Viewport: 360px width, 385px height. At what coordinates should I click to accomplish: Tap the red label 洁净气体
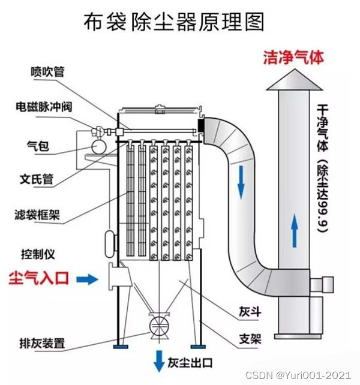(x=293, y=57)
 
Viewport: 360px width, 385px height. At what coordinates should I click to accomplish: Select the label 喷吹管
(x=47, y=72)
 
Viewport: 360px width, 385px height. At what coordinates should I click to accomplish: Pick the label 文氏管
(x=37, y=178)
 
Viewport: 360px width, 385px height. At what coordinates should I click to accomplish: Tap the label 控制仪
(x=38, y=254)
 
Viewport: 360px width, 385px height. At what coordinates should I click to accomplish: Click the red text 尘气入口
(x=40, y=278)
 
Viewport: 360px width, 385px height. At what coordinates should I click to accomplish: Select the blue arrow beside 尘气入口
(x=89, y=278)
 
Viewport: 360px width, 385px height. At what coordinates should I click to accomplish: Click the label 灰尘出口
(x=191, y=362)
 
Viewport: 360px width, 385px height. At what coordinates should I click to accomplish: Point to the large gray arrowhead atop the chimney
(x=294, y=81)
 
